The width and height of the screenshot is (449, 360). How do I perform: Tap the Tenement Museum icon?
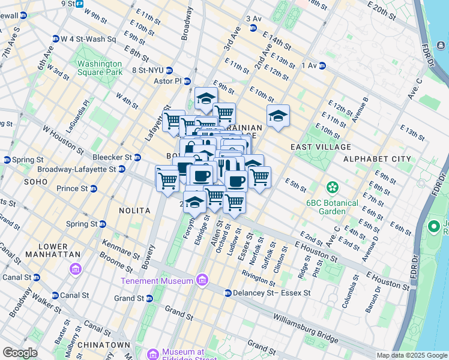(x=202, y=281)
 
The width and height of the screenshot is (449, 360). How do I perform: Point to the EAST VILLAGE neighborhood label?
(x=320, y=147)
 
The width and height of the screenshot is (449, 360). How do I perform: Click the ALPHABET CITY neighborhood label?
(x=377, y=159)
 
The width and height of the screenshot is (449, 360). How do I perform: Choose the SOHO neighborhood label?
(x=35, y=181)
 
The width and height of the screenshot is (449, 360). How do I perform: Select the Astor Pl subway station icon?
(x=187, y=81)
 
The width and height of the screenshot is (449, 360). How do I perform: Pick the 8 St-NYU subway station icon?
(x=170, y=70)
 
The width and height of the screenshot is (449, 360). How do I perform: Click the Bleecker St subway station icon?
(x=137, y=157)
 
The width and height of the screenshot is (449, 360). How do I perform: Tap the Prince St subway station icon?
(x=94, y=188)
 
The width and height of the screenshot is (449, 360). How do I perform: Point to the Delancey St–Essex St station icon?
(x=228, y=293)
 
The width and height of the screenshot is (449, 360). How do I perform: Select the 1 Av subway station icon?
(x=322, y=65)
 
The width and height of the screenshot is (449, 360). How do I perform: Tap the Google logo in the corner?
(x=20, y=352)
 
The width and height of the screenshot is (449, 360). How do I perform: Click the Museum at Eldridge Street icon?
(x=152, y=353)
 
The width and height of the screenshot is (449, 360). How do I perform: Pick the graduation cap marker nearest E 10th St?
(x=278, y=116)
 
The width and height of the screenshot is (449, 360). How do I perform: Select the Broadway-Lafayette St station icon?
(x=121, y=170)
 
